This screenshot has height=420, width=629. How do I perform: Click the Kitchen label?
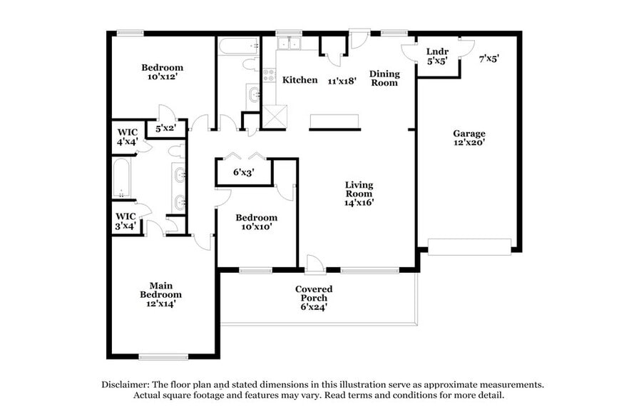[300, 80]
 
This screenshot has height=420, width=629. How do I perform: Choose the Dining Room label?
[384, 79]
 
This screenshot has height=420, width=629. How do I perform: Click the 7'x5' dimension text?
[489, 59]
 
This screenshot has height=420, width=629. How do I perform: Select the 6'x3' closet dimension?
[244, 172]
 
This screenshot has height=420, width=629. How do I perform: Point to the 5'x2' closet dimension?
[165, 129]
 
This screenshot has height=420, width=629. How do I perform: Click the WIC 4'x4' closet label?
[126, 136]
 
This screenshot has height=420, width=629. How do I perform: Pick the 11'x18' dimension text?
[342, 81]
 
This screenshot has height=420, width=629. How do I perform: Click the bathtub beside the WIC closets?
[123, 177]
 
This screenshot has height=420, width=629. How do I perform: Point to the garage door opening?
[469, 246]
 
